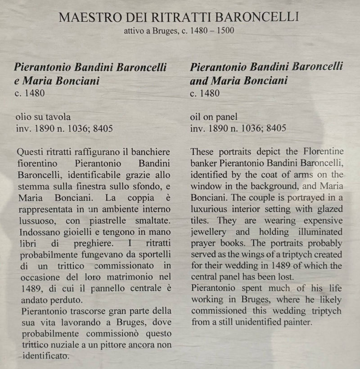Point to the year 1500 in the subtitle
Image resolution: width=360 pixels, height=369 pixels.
(x=224, y=31)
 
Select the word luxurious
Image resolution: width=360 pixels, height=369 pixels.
(x=212, y=209)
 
